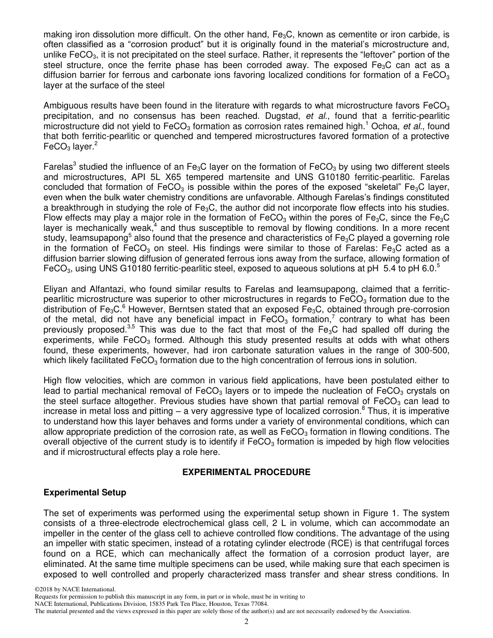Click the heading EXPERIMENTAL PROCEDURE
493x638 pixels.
[x=246, y=472]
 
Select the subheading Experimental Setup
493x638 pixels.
[x=85, y=492]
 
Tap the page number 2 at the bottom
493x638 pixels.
[x=246, y=622]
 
